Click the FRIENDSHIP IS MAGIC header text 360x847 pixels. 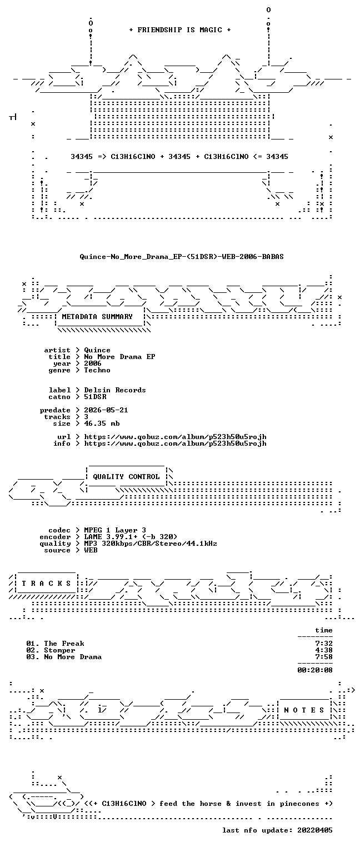(x=180, y=30)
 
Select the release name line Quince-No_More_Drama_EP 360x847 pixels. (x=182, y=257)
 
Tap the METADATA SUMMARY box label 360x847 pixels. (x=97, y=316)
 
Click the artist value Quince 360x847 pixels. (x=97, y=350)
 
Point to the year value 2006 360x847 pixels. (x=93, y=363)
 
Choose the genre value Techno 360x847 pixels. (x=97, y=370)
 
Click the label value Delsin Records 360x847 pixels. (x=115, y=390)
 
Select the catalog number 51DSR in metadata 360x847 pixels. (x=95, y=397)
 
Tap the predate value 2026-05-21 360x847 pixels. (x=106, y=410)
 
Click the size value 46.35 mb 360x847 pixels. (x=102, y=423)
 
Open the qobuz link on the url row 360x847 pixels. (x=175, y=437)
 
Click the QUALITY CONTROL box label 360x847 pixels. (x=126, y=477)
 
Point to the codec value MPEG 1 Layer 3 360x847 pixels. (x=115, y=531)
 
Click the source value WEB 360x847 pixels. (x=91, y=551)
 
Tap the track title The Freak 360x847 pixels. (x=64, y=644)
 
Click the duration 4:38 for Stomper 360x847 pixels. (x=324, y=650)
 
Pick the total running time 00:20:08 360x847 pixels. (x=315, y=670)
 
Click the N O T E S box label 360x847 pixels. (x=304, y=710)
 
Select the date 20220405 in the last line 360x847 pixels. (x=315, y=830)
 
